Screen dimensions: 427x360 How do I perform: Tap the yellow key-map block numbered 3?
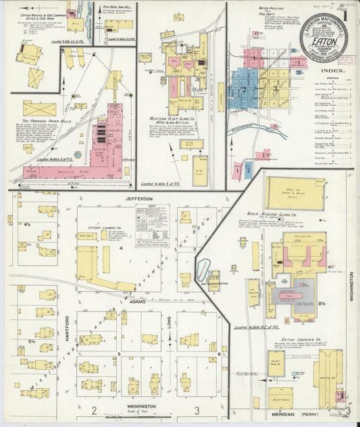pyautogui.click(x=274, y=89)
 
